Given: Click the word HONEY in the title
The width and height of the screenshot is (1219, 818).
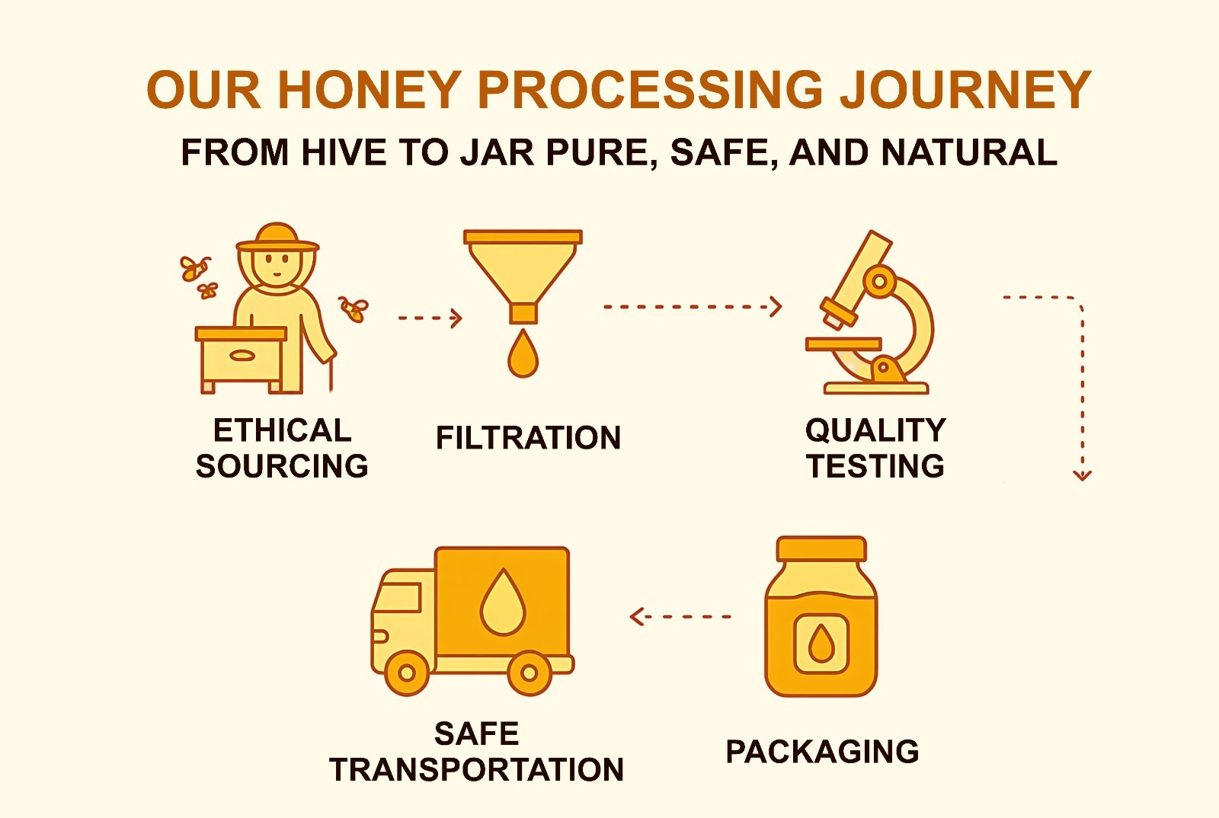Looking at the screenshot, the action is pyautogui.click(x=370, y=90).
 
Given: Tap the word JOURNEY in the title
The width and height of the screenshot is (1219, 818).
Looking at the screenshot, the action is pyautogui.click(x=965, y=90).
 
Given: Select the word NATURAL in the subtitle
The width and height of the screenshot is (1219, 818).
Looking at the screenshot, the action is pyautogui.click(x=969, y=152).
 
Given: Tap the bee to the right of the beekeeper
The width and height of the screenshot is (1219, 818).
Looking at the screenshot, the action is pyautogui.click(x=354, y=309).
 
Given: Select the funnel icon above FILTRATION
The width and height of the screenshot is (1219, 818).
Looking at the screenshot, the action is pyautogui.click(x=523, y=276).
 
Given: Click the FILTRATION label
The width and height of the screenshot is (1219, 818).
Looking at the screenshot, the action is pyautogui.click(x=529, y=438).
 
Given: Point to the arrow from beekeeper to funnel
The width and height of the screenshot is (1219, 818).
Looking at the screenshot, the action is pyautogui.click(x=430, y=318).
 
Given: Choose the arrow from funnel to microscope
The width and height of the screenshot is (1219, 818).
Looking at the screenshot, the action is pyautogui.click(x=693, y=307).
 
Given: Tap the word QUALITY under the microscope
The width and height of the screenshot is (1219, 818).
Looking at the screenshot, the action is pyautogui.click(x=876, y=430).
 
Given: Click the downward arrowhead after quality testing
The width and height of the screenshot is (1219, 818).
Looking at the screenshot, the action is pyautogui.click(x=1083, y=475).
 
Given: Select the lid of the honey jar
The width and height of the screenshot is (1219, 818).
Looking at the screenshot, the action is pyautogui.click(x=822, y=549).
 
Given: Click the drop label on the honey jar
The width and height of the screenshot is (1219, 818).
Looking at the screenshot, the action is pyautogui.click(x=821, y=644).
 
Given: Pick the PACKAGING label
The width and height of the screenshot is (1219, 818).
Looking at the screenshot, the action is pyautogui.click(x=822, y=752).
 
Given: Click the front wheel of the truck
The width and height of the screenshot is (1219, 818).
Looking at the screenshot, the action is pyautogui.click(x=407, y=673).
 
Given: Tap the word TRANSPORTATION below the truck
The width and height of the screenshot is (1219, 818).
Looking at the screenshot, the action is pyautogui.click(x=477, y=770).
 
